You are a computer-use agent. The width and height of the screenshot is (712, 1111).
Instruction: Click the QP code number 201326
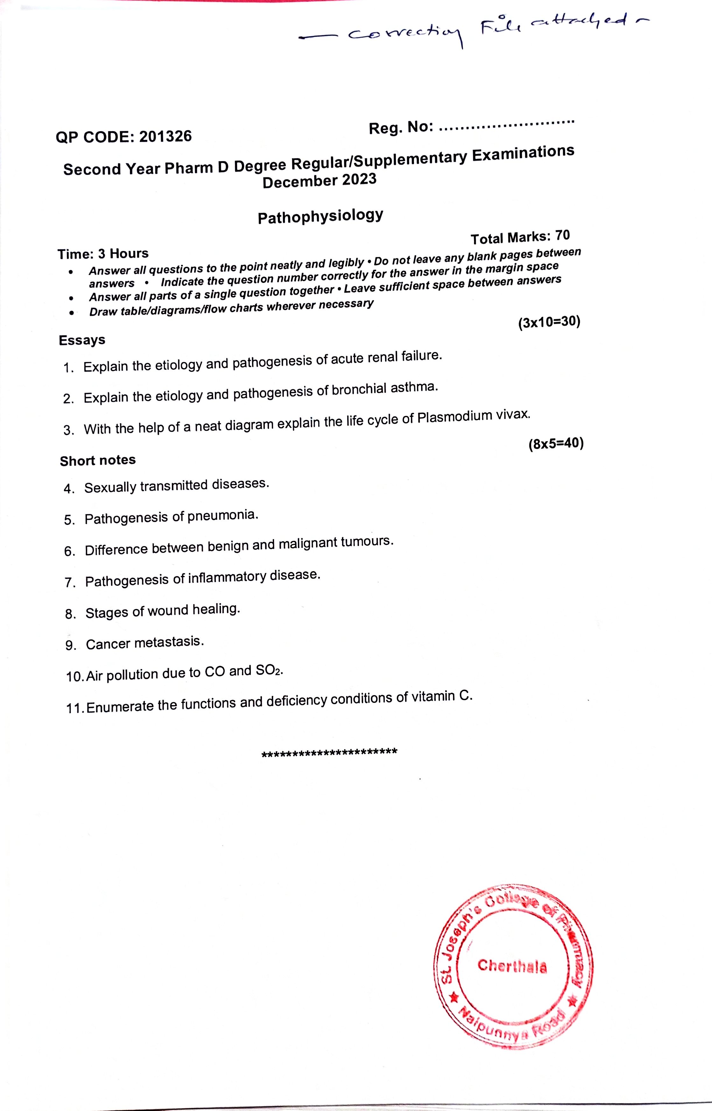165,136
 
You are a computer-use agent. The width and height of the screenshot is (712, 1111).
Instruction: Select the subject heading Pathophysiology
321,216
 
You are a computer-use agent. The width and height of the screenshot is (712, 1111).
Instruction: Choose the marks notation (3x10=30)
549,322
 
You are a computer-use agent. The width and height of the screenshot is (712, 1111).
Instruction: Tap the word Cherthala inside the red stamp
512,966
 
